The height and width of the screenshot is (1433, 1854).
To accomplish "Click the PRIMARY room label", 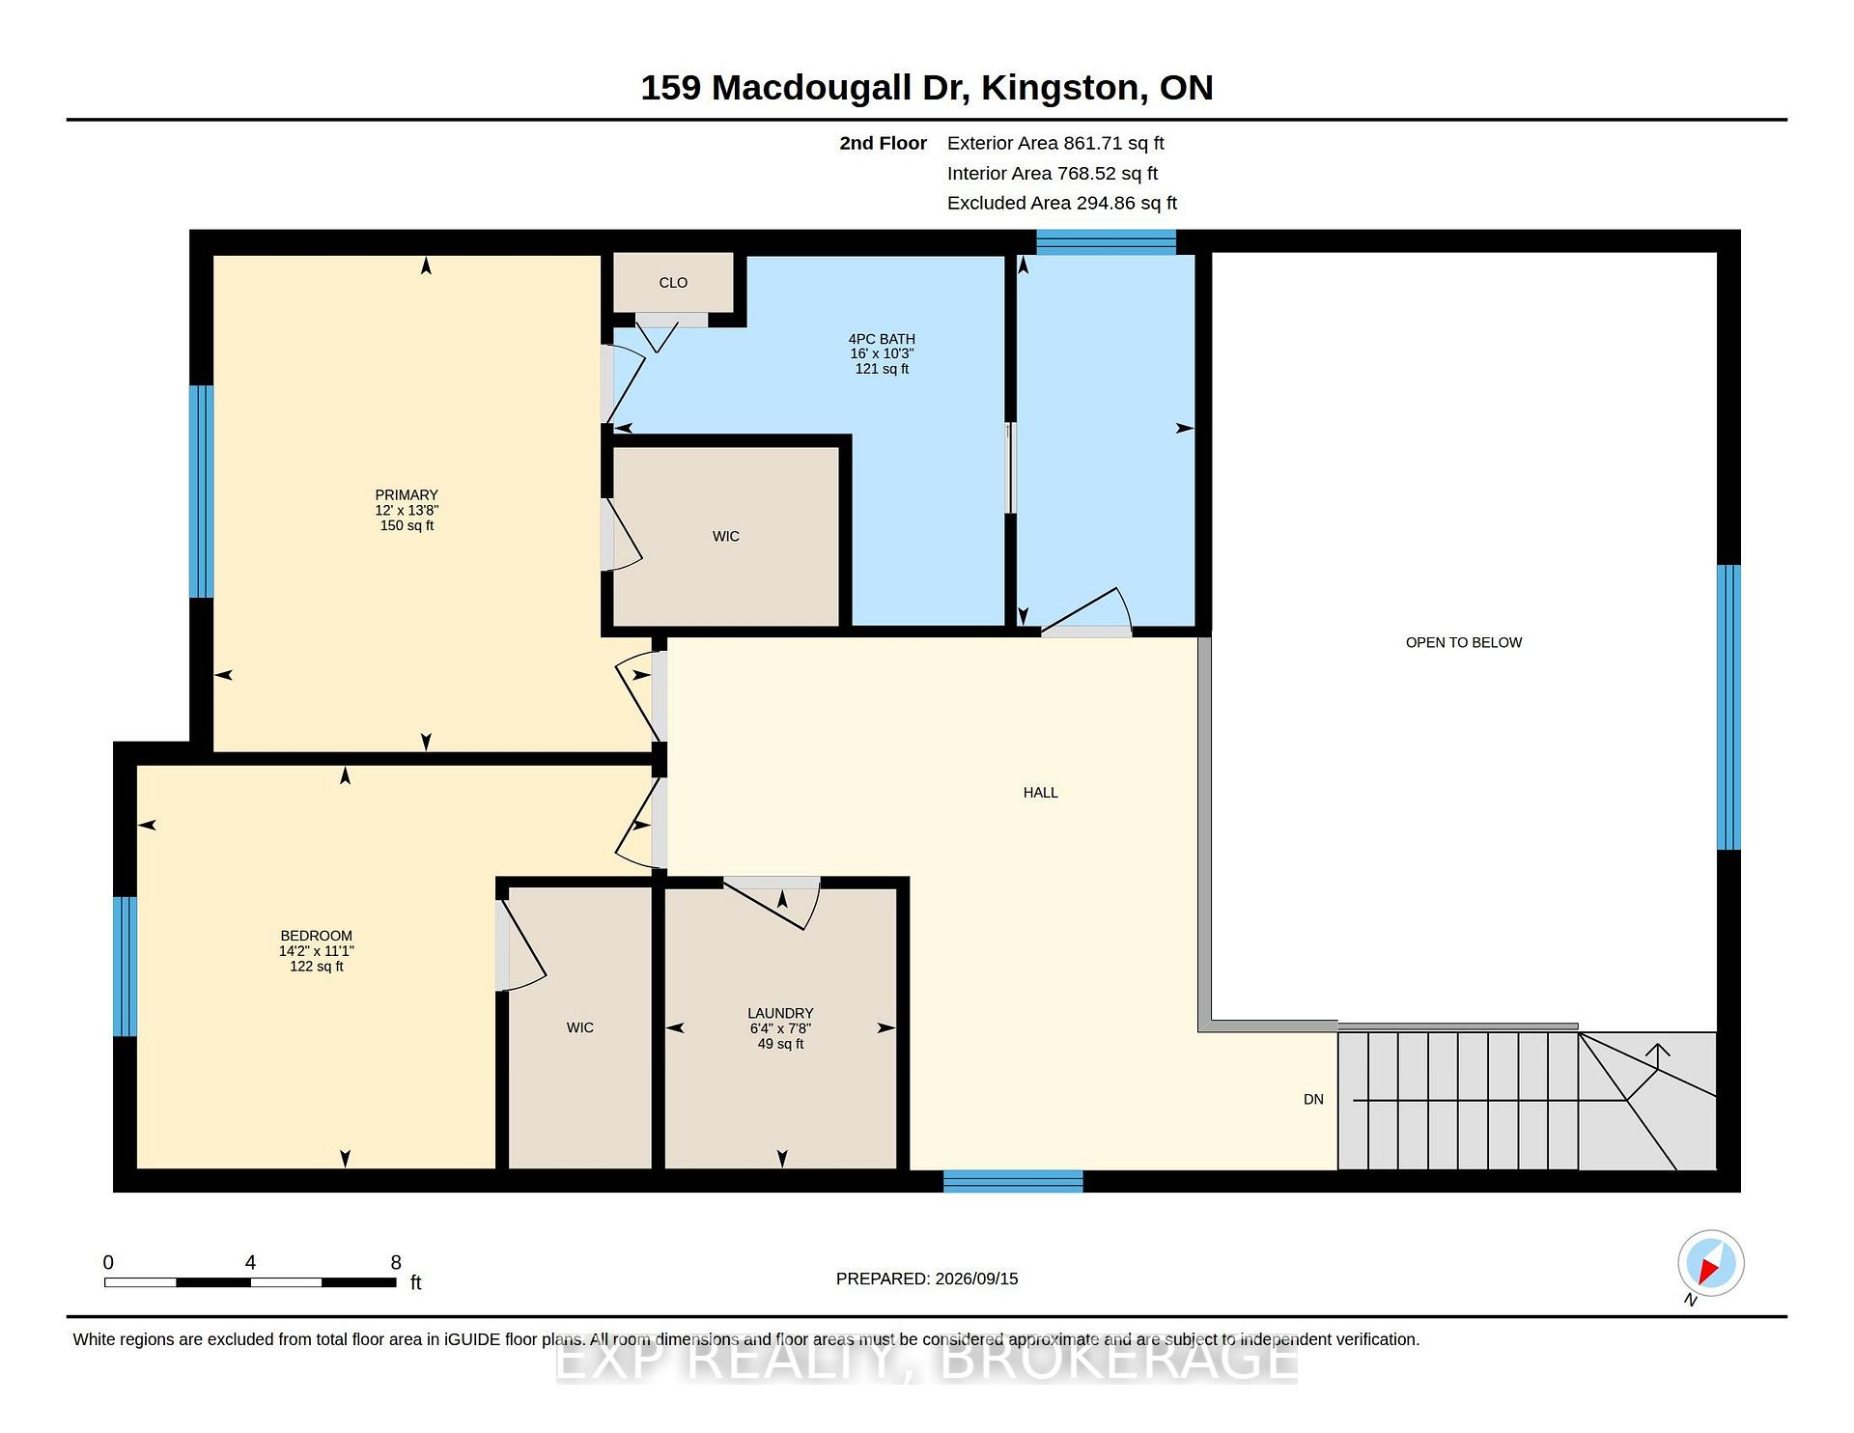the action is [x=407, y=495].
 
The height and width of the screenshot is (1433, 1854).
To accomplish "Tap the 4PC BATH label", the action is [x=882, y=339].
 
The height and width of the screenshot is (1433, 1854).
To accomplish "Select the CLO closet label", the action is [x=673, y=283].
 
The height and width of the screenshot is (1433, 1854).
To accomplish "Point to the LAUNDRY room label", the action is [x=780, y=1014].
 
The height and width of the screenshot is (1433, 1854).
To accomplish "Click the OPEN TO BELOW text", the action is [x=1464, y=643].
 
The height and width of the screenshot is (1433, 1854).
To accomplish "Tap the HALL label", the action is [x=1041, y=793].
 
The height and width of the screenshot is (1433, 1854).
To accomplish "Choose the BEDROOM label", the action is [x=316, y=936].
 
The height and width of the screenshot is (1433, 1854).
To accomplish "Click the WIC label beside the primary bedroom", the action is [x=726, y=537].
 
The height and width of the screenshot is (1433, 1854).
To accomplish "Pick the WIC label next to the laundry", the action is [x=580, y=1027].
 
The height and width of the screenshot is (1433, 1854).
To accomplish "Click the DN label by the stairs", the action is [x=1313, y=1100].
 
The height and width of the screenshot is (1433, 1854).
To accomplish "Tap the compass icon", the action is [x=1711, y=1263].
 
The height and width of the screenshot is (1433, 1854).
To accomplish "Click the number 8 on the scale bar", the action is [x=396, y=1262].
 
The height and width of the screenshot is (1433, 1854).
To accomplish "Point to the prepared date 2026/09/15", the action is [x=976, y=1278].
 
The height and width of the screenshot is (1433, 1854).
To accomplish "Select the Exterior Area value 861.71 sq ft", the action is [x=1114, y=143].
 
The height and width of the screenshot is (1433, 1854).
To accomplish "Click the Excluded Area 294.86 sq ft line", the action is [x=1062, y=203].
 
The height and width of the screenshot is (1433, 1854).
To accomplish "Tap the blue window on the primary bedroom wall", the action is [x=201, y=492].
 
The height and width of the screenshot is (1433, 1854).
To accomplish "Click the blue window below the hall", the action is [x=1013, y=1181].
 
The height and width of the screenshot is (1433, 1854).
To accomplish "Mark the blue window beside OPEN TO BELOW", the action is [x=1728, y=707].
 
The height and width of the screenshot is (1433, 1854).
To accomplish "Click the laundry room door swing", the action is [x=772, y=903].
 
